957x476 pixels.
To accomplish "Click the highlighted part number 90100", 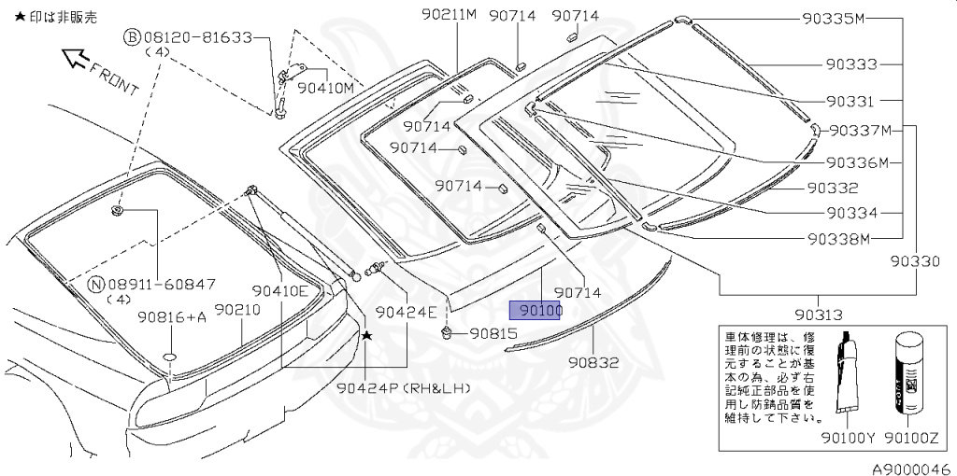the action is point(535,310).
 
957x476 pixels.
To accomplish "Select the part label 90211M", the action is point(449,16).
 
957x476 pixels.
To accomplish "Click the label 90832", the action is point(593,362).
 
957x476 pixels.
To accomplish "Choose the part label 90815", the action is point(493,333).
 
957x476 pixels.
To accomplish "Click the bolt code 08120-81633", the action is point(198,37).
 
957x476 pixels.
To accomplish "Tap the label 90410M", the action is point(326,88).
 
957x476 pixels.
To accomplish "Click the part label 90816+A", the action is point(172,316).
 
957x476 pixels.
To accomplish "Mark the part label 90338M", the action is point(838,238).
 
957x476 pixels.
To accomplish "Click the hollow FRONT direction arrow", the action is point(73,61).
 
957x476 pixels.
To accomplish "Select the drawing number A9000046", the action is point(911,469).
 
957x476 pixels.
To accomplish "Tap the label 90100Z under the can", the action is point(912,437).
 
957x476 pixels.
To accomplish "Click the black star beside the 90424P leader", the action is point(367,335).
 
